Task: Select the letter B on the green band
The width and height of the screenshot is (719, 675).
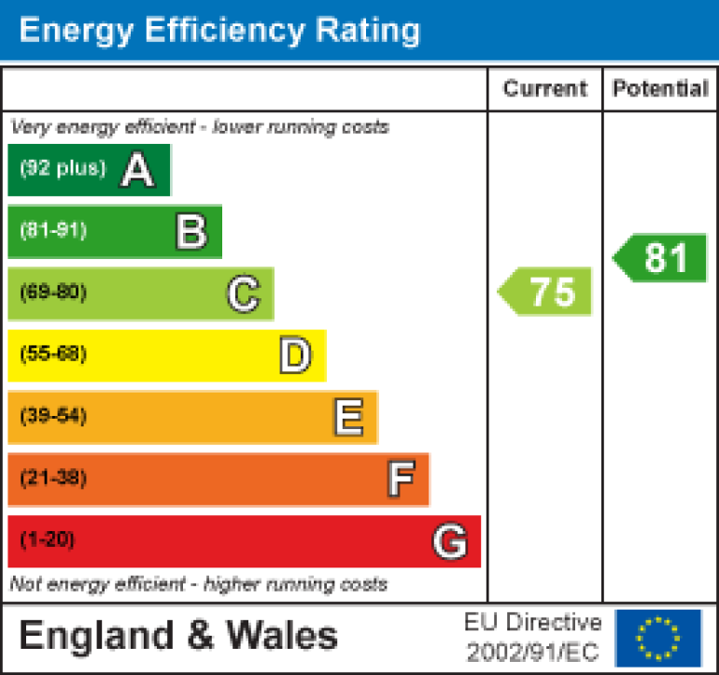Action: point(190,232)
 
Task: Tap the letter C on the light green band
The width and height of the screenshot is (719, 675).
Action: point(243,294)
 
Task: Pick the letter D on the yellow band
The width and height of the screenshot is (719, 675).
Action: point(295,356)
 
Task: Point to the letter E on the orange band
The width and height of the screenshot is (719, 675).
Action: point(348,418)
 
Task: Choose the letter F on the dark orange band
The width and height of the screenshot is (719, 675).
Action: point(401,480)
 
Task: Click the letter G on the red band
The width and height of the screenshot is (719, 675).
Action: point(450,541)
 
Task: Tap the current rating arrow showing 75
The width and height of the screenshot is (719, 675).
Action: point(546,292)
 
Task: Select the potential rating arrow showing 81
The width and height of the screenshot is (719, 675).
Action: point(661,258)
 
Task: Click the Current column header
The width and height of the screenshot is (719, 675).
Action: point(545,89)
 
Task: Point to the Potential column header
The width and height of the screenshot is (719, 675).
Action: point(659,89)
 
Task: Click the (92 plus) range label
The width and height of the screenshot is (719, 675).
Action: point(63,169)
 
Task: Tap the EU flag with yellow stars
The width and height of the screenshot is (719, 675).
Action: point(658,638)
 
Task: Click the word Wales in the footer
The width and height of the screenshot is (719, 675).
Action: point(282,637)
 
